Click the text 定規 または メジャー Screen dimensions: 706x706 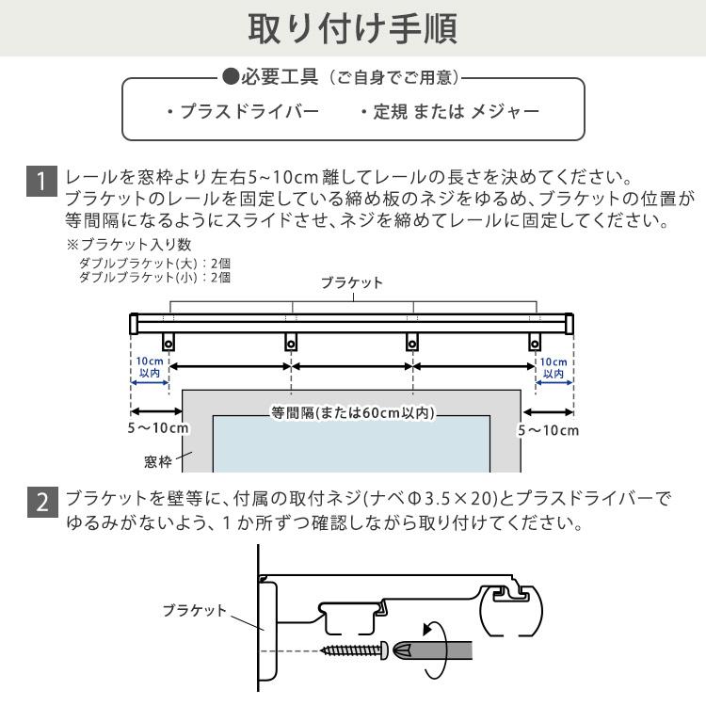tap(449, 112)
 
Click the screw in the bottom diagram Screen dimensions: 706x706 tap(356, 650)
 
